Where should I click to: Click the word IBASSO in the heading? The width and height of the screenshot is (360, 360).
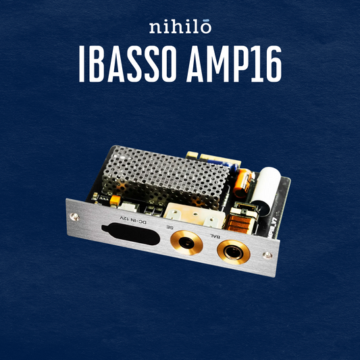coord(128,66)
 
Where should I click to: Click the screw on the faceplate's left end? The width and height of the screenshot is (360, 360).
coord(72,217)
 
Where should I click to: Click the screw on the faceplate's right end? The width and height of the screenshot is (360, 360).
coord(267,255)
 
